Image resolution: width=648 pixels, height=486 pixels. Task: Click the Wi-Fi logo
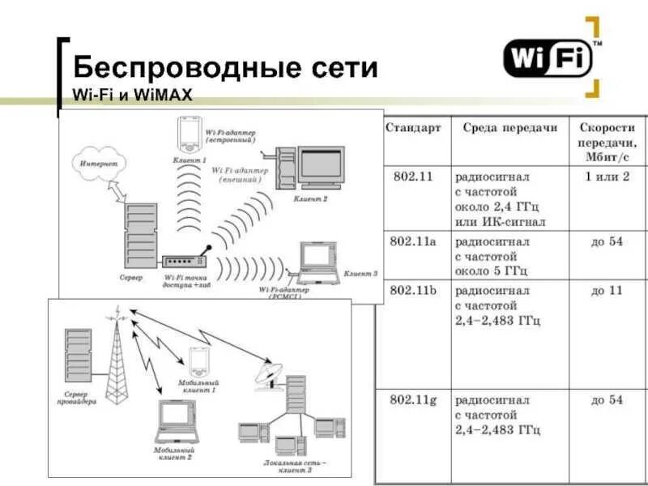[548, 59]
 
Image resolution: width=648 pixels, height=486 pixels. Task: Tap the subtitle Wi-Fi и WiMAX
[133, 96]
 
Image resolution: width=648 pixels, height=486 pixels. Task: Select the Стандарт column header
[413, 128]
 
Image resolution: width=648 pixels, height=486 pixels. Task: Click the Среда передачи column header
[510, 128]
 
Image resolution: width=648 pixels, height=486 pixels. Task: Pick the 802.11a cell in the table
[414, 241]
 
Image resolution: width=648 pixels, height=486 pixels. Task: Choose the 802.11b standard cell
[414, 290]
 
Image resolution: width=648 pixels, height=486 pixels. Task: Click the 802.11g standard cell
[414, 400]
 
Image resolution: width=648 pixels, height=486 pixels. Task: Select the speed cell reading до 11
[607, 290]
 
